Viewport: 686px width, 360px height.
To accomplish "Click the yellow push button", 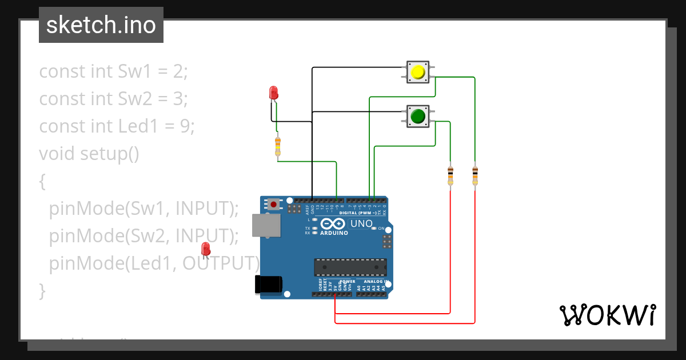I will [418, 72].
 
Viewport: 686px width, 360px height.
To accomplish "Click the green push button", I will [418, 116].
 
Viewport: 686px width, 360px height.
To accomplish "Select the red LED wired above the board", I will [273, 93].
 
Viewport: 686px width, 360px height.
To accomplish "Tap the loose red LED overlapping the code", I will [206, 249].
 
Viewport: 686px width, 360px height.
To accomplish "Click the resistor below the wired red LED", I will [278, 146].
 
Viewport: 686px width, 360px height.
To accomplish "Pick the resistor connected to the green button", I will [450, 175].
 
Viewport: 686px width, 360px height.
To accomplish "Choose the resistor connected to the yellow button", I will [475, 175].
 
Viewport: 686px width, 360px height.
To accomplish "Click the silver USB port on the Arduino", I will [267, 225].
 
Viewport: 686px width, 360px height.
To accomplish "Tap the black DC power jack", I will [269, 285].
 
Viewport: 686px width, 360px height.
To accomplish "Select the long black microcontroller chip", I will [350, 267].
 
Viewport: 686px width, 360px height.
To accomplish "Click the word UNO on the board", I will [361, 223].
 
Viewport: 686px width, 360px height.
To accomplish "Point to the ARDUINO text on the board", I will [334, 233].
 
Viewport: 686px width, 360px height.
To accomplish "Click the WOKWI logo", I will [607, 315].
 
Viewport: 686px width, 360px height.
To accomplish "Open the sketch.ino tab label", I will [101, 25].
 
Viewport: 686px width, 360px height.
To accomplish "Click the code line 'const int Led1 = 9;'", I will [117, 126].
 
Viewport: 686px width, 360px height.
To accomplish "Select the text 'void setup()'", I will [89, 154].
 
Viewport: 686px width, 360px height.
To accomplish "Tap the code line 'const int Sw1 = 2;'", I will [113, 71].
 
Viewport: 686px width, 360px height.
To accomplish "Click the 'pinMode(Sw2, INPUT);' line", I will [143, 235].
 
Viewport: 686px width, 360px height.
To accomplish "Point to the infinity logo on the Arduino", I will [333, 223].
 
